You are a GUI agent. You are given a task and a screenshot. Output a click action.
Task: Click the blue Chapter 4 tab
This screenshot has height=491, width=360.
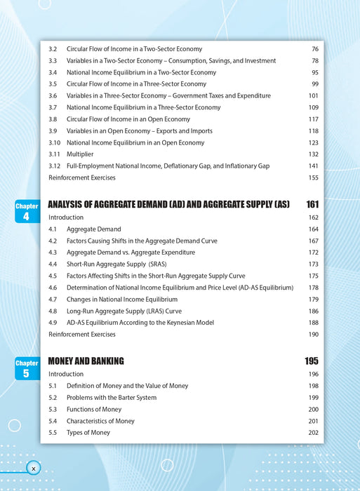click(x=27, y=211)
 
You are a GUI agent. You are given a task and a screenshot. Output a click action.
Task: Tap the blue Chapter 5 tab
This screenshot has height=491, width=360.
click(x=27, y=368)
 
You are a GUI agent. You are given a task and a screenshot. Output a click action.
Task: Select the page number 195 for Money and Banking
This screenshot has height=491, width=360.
click(x=312, y=361)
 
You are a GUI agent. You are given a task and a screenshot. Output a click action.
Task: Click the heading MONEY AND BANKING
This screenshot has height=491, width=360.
click(x=86, y=361)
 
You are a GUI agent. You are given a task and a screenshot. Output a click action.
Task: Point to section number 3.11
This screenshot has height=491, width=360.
click(x=54, y=154)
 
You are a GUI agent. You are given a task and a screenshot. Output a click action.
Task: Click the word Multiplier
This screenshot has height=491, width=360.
click(x=79, y=154)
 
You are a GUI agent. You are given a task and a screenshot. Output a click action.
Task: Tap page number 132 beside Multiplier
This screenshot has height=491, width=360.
click(x=313, y=154)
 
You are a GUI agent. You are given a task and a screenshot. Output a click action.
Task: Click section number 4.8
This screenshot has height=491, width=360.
click(x=53, y=311)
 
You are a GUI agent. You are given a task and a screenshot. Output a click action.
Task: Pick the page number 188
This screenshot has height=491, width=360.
click(x=313, y=323)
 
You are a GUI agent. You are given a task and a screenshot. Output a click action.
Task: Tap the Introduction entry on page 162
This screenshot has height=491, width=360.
click(x=66, y=217)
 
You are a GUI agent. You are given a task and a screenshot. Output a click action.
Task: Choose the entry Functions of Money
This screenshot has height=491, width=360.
click(x=94, y=410)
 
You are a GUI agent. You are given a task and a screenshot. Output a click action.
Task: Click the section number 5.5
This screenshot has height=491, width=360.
click(x=53, y=433)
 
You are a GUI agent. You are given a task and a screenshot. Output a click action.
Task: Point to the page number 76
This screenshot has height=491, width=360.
click(x=315, y=49)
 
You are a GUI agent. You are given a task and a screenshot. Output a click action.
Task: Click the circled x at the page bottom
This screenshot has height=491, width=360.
click(x=33, y=468)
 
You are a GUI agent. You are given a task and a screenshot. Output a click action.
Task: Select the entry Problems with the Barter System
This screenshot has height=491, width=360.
click(x=112, y=398)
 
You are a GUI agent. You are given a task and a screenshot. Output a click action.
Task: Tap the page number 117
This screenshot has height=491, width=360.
click(x=313, y=119)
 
